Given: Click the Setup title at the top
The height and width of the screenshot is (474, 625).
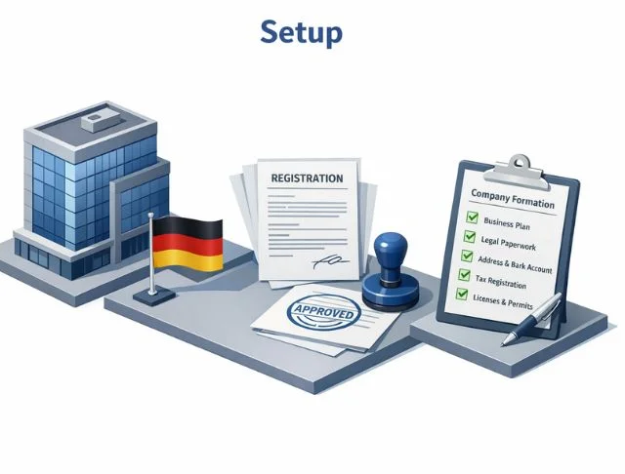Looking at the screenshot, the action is point(302,32).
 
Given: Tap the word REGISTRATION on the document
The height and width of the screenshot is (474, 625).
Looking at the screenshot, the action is point(307,178).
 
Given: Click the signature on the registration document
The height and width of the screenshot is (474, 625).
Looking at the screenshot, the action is point(330,262).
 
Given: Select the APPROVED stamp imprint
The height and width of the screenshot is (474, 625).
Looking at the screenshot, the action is point(323,313).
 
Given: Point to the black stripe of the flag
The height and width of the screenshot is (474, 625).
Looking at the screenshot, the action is point(187,227).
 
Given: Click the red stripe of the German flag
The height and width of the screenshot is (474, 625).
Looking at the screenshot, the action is point(187,245).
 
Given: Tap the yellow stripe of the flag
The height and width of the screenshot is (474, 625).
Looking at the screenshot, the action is point(188,260).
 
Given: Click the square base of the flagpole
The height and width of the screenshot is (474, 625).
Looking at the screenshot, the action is point(154,296).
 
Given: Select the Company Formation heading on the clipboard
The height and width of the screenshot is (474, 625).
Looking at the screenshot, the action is point(513,199).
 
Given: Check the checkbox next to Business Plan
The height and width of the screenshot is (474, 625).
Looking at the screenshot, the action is point(473,217).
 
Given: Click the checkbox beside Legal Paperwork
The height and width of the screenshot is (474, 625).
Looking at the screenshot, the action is point(470,236).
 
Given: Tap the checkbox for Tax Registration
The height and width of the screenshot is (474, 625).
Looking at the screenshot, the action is point(464,275).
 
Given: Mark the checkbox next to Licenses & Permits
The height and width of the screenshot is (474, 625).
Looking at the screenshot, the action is point(462,294).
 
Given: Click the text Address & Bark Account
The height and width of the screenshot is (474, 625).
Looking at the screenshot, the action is point(515,264).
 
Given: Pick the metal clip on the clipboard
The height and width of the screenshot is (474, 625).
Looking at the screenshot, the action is point(517,173).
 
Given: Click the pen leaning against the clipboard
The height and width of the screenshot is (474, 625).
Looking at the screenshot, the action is point(532,319).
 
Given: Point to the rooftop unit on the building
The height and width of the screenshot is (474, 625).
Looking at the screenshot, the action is point(100,120).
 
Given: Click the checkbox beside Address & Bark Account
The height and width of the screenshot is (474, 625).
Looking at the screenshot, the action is point(467,256).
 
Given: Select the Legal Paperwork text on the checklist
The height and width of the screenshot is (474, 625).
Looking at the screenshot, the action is point(508,243).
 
